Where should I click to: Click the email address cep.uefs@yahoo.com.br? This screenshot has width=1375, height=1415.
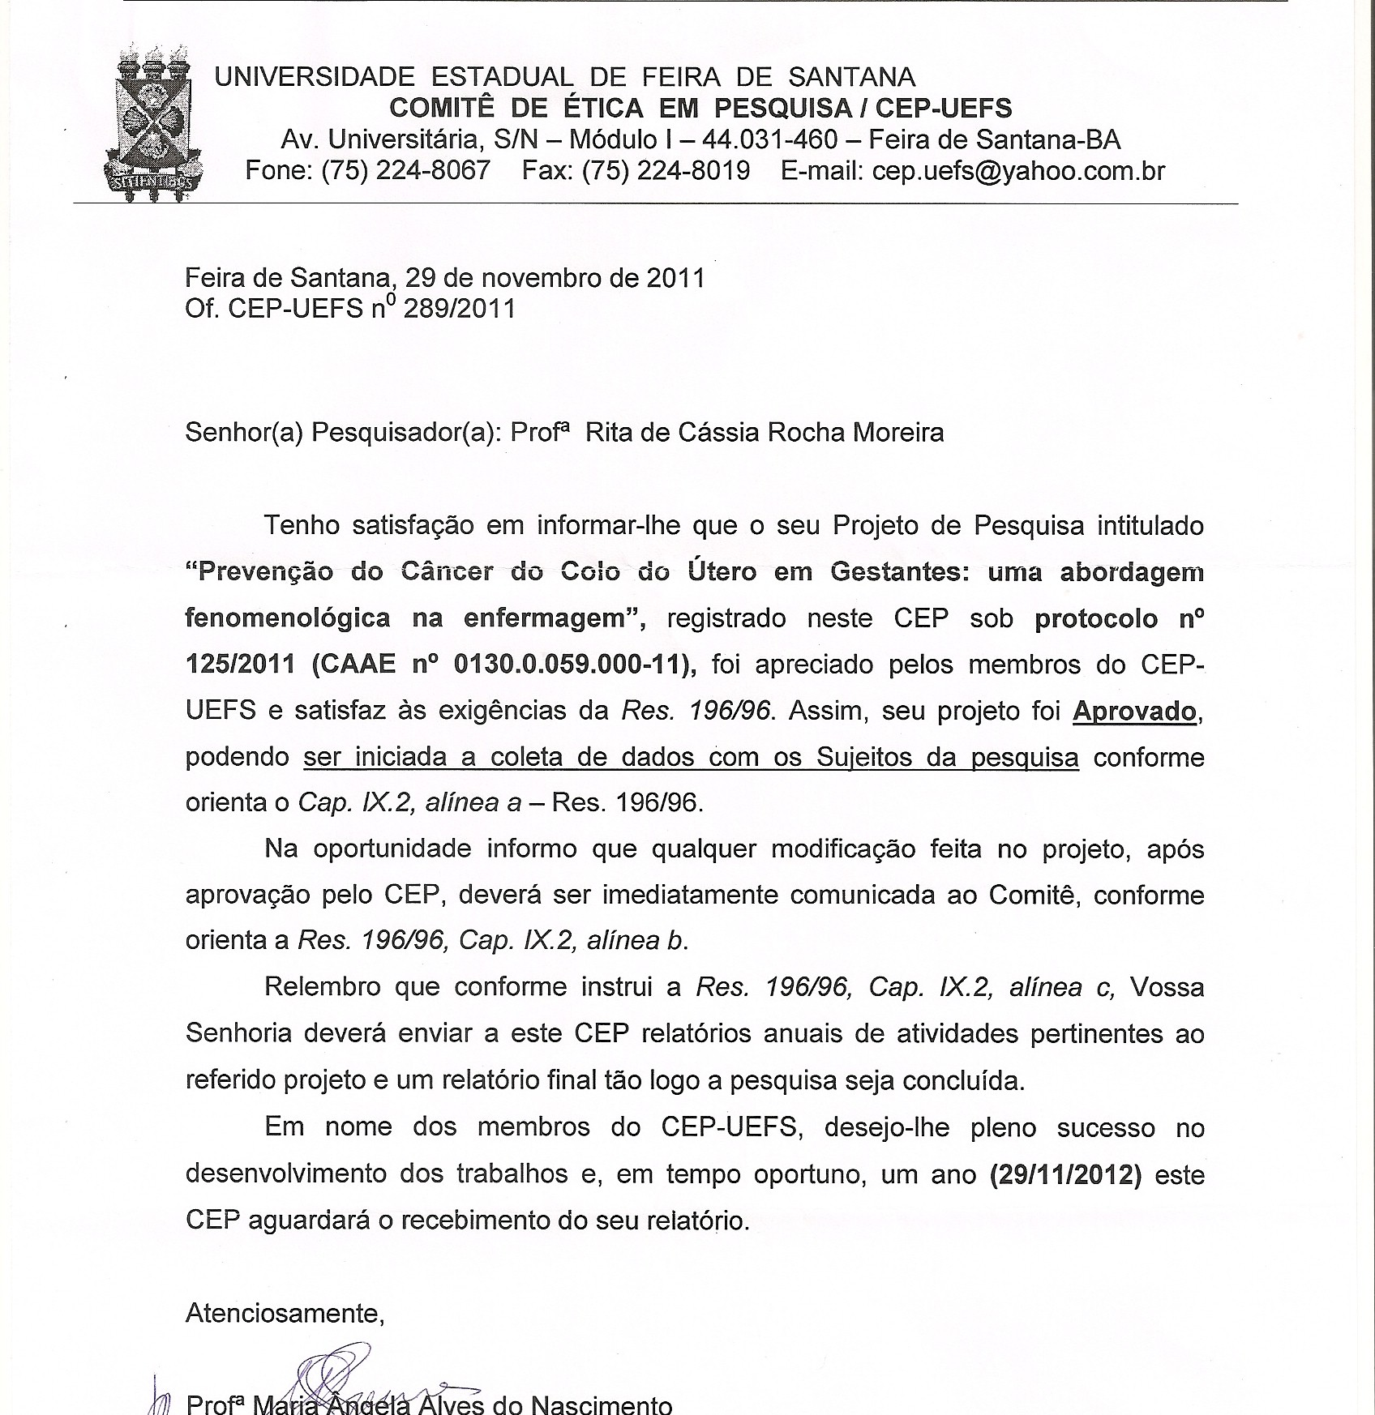[1018, 171]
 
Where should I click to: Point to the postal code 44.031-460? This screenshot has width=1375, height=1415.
[769, 140]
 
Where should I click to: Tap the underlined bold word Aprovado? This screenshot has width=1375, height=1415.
[1134, 711]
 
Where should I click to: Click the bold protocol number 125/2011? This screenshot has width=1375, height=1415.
[240, 665]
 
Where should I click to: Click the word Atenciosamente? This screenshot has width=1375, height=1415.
[285, 1313]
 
